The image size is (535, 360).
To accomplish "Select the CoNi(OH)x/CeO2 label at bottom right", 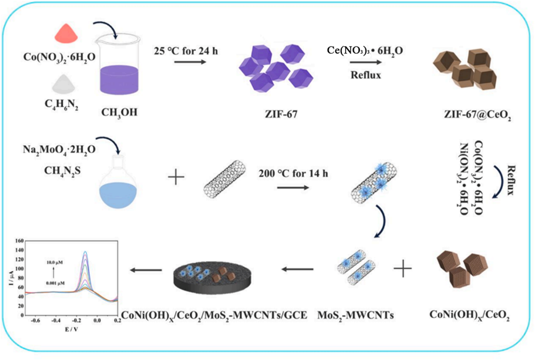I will (x=470, y=316).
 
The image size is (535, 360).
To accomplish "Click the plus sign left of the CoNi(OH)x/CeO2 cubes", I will (x=403, y=270).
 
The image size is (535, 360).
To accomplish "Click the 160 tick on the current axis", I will (x=18, y=239).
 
